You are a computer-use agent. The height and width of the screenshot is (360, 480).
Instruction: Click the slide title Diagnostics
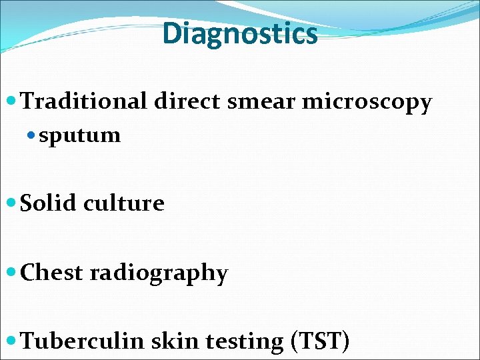tap(240, 33)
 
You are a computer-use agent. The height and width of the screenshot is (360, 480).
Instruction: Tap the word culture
tap(124, 203)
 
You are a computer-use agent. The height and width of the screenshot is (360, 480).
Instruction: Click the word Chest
tap(52, 273)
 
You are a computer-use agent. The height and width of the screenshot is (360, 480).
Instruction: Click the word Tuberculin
tap(83, 341)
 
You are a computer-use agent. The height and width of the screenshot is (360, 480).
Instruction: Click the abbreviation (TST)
tap(320, 341)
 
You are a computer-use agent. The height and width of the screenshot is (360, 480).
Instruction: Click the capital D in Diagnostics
tap(171, 33)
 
